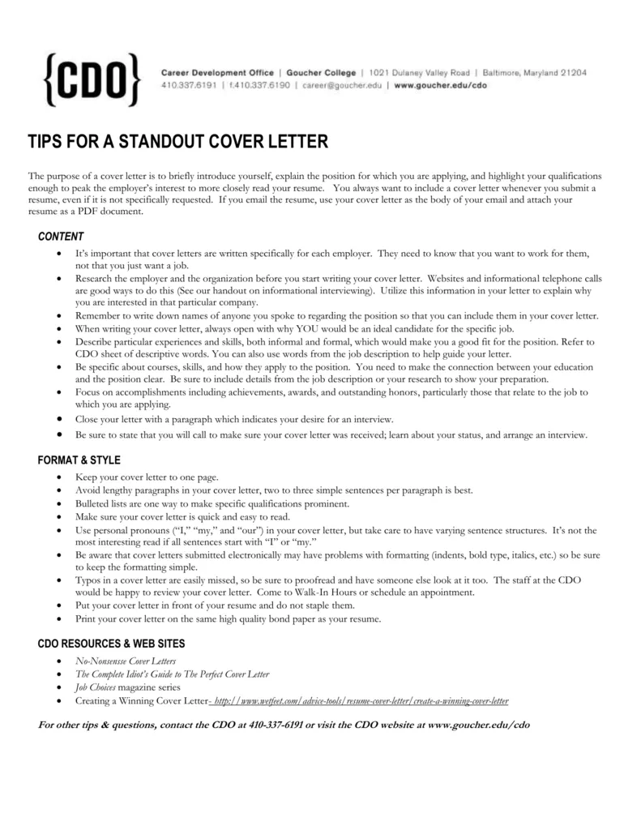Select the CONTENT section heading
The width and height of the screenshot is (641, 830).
click(61, 237)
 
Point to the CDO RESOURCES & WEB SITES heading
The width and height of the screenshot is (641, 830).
click(111, 643)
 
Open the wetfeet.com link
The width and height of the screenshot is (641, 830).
click(360, 700)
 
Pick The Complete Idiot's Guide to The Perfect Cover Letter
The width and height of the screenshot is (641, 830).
click(172, 674)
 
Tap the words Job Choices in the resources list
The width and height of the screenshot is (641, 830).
click(96, 687)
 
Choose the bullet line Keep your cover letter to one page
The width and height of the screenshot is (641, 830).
click(147, 477)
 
